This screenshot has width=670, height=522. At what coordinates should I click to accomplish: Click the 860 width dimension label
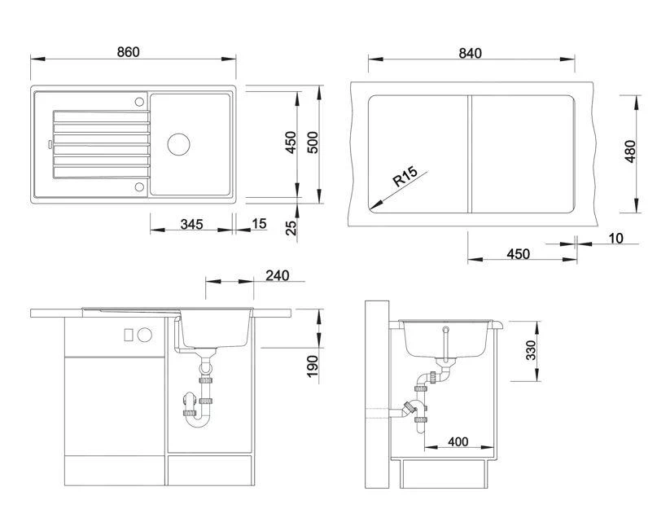coord(128,52)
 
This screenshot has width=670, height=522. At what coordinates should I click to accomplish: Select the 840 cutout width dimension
coord(470,53)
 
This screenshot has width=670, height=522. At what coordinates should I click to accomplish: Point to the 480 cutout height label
coord(630,151)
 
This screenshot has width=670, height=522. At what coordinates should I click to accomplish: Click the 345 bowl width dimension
coord(191,224)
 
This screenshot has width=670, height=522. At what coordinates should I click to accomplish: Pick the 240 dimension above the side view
coord(278,275)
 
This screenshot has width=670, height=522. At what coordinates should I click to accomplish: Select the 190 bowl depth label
coord(313,366)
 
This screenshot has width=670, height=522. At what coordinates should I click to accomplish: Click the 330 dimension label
coord(531,350)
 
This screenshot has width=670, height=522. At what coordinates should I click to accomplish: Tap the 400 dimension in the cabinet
coord(458,441)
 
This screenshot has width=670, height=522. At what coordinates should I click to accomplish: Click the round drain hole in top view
coord(178,144)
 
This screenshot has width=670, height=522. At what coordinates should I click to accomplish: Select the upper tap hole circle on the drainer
coord(139,102)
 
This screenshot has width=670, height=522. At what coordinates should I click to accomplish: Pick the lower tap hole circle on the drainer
coord(139,186)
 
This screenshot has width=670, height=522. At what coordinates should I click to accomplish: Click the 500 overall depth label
coord(313,143)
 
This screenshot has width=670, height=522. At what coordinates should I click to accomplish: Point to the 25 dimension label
coord(291,228)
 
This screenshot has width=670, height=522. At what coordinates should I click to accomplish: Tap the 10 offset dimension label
coord(615,238)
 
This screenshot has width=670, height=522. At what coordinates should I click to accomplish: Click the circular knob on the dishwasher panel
coord(144,335)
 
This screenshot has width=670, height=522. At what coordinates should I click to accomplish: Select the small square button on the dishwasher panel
coord(129,335)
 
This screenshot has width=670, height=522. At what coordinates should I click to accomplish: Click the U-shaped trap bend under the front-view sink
coord(198,422)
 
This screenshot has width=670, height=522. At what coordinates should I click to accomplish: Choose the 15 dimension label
coord(259,224)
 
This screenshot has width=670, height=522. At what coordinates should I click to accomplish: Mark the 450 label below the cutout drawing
coord(519,254)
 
